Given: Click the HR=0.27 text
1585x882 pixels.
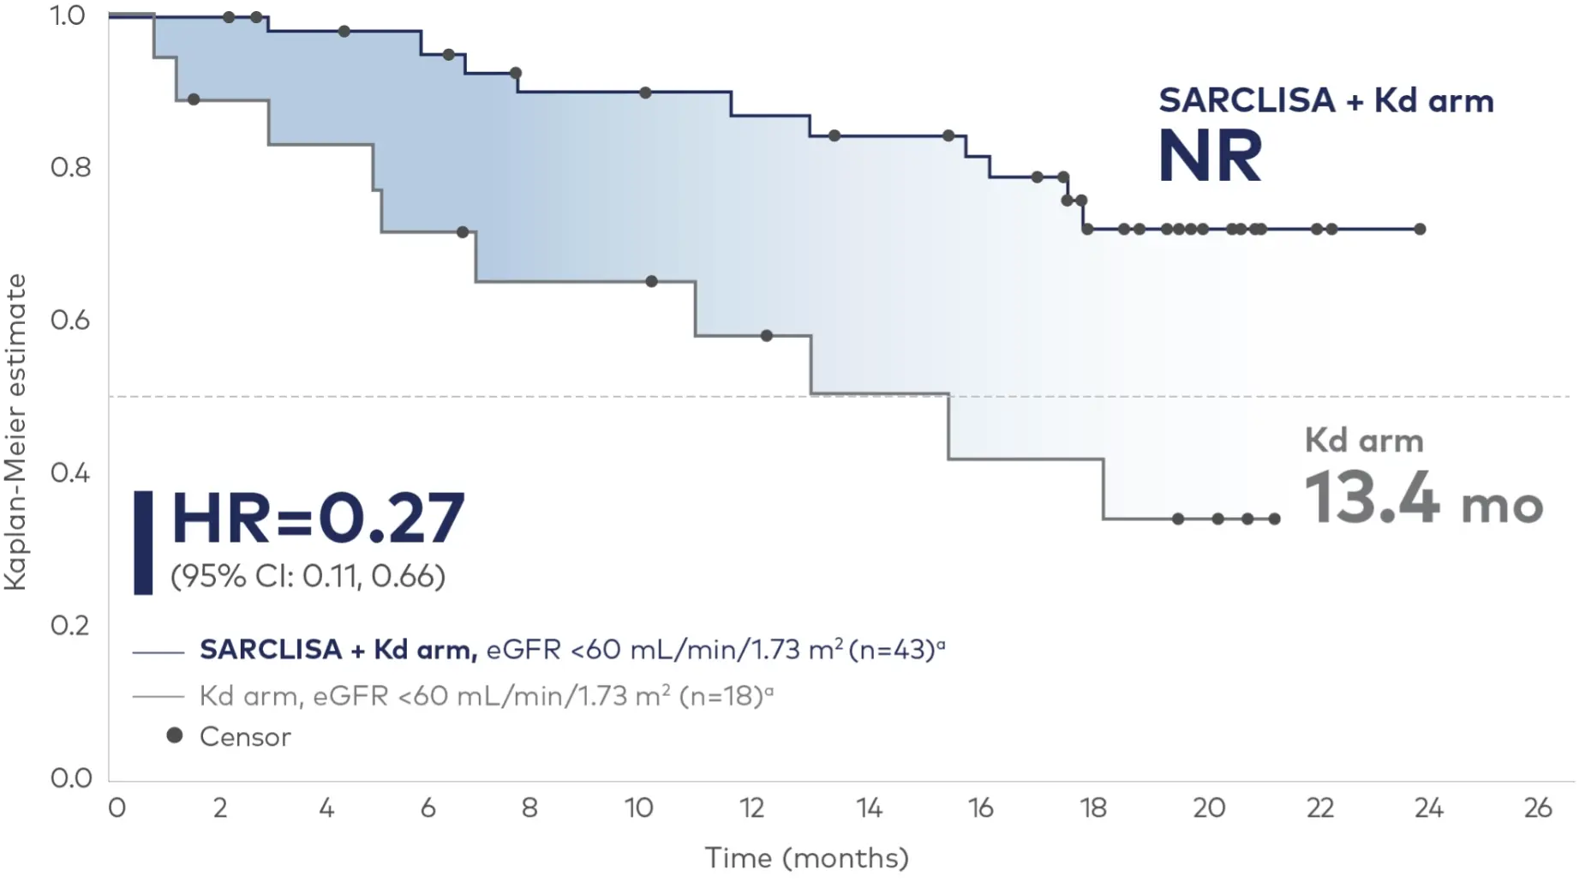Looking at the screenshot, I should tap(318, 519).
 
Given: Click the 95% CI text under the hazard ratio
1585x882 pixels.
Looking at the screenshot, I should tap(308, 576).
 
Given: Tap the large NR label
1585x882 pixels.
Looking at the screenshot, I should tap(1209, 156).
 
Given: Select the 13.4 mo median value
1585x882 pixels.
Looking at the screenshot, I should tap(1422, 499).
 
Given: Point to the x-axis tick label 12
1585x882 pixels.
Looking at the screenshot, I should tap(751, 808).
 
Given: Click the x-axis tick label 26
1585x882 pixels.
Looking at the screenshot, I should tap(1538, 808).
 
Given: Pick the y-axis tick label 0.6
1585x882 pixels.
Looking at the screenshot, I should tap(71, 321).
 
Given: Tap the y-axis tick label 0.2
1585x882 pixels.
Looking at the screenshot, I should tap(71, 626).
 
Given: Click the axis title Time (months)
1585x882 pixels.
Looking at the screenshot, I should tap(806, 858).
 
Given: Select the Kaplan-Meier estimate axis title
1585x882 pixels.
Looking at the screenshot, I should tap(15, 432).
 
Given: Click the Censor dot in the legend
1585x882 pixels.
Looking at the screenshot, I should tap(175, 735).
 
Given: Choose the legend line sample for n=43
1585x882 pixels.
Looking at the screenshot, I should tap(158, 653).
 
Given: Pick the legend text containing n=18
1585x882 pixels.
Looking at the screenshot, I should tap(486, 695).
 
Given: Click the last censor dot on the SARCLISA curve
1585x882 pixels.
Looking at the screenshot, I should tap(1420, 229).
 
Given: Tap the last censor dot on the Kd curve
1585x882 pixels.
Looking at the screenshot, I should tap(1275, 519).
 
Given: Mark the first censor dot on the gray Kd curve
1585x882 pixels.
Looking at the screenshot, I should tap(194, 100).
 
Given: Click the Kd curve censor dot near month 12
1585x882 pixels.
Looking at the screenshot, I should tap(767, 336).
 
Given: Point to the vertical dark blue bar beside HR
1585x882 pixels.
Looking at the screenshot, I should tap(143, 543).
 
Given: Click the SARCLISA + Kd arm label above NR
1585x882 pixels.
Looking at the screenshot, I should tap(1325, 101).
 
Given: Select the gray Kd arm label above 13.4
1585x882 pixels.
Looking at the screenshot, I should tap(1364, 441).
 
